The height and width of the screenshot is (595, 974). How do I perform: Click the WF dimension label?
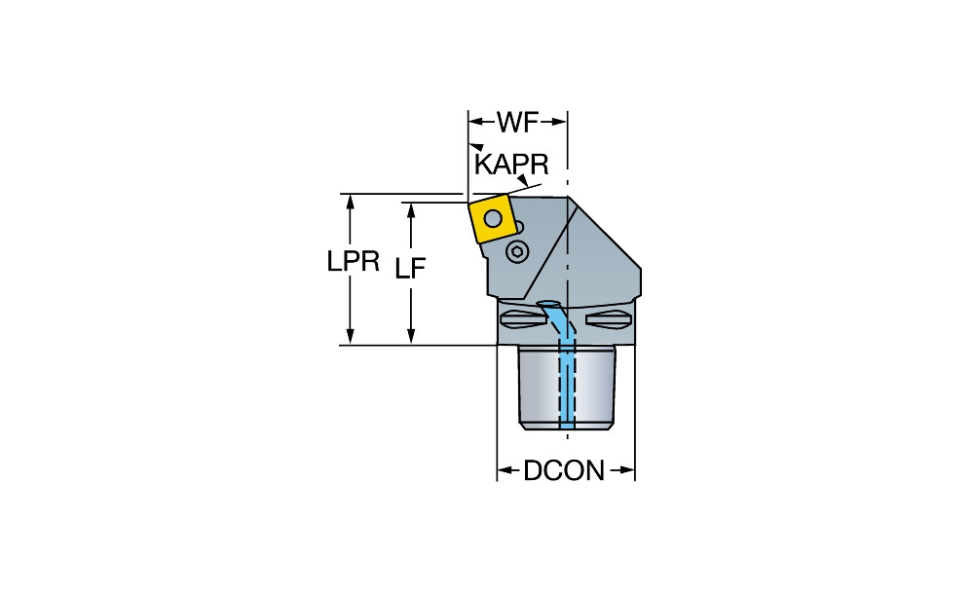tap(517, 123)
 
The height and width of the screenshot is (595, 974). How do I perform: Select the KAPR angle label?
tap(510, 164)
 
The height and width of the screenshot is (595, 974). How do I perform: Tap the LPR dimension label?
tap(353, 262)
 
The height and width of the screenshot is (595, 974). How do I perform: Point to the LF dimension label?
tap(411, 270)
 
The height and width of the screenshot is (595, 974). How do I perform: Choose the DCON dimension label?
tap(564, 472)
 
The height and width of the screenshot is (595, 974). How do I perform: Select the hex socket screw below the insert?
tap(518, 251)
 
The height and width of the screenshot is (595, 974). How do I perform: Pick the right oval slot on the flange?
tap(611, 319)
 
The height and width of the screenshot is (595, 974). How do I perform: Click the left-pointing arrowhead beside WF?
tap(475, 123)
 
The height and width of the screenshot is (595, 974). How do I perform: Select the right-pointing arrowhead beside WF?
tap(560, 123)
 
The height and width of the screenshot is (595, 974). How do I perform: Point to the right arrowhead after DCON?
tap(628, 472)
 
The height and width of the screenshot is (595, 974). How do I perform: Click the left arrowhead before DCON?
tap(505, 472)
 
